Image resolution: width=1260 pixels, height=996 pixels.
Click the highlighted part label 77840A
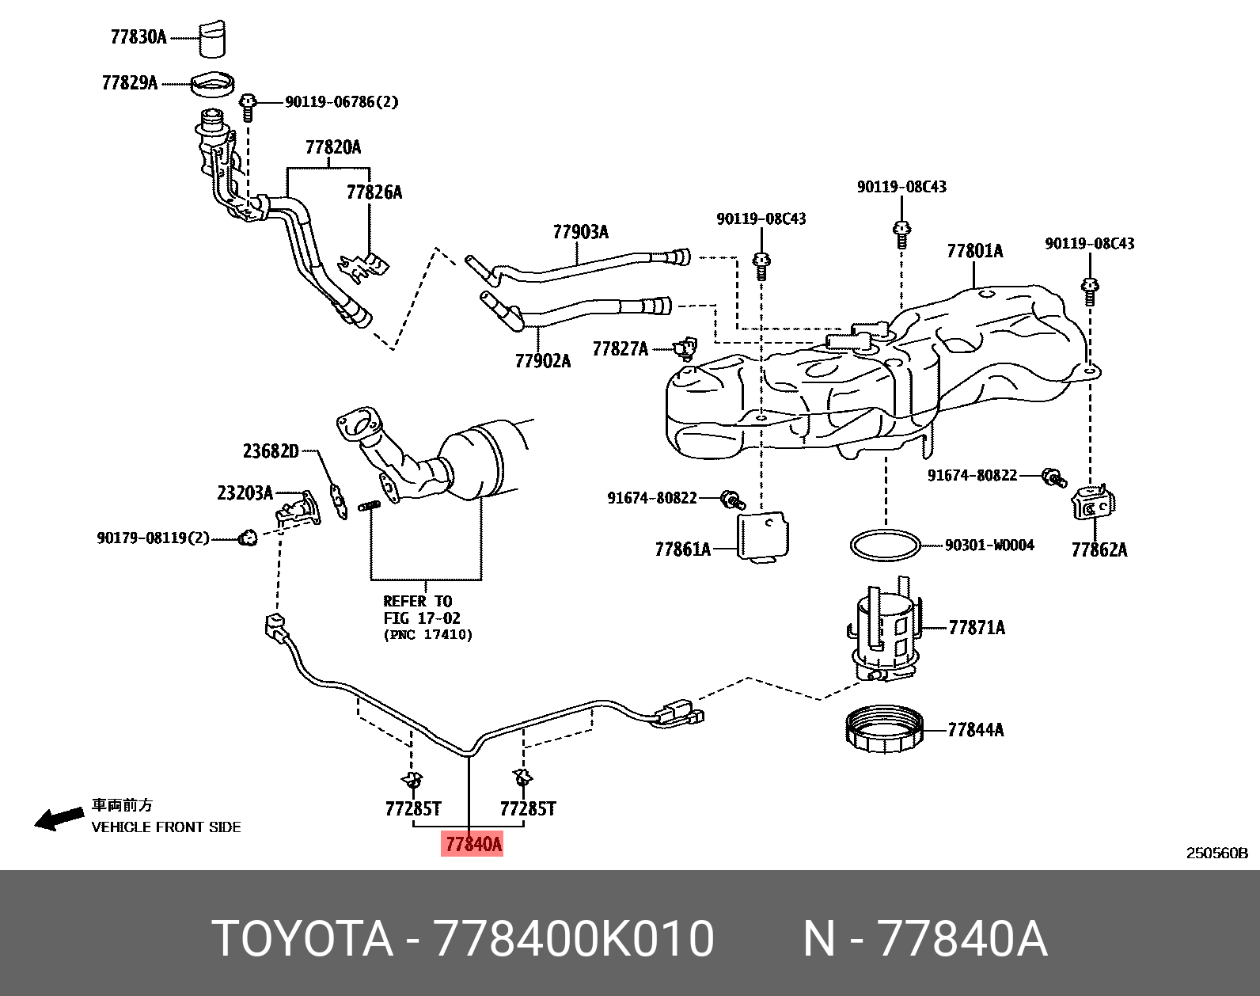point(472,844)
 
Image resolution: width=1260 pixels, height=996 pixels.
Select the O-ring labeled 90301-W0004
point(886,546)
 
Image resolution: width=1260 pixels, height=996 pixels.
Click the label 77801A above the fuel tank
point(974,251)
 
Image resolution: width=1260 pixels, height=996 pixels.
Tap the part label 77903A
point(580,232)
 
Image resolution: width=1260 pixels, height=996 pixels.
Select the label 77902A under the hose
point(542,361)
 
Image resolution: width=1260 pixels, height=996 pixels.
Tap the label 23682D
point(271,451)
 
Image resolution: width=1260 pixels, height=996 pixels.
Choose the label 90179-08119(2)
point(153,538)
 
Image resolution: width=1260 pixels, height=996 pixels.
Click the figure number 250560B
point(1216,853)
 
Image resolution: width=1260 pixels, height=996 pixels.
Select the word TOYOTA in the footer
point(302,939)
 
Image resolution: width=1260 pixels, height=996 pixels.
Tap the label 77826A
point(374,192)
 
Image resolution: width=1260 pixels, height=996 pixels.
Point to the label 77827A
point(620,349)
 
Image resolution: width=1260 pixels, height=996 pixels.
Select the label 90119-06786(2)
point(341,102)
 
